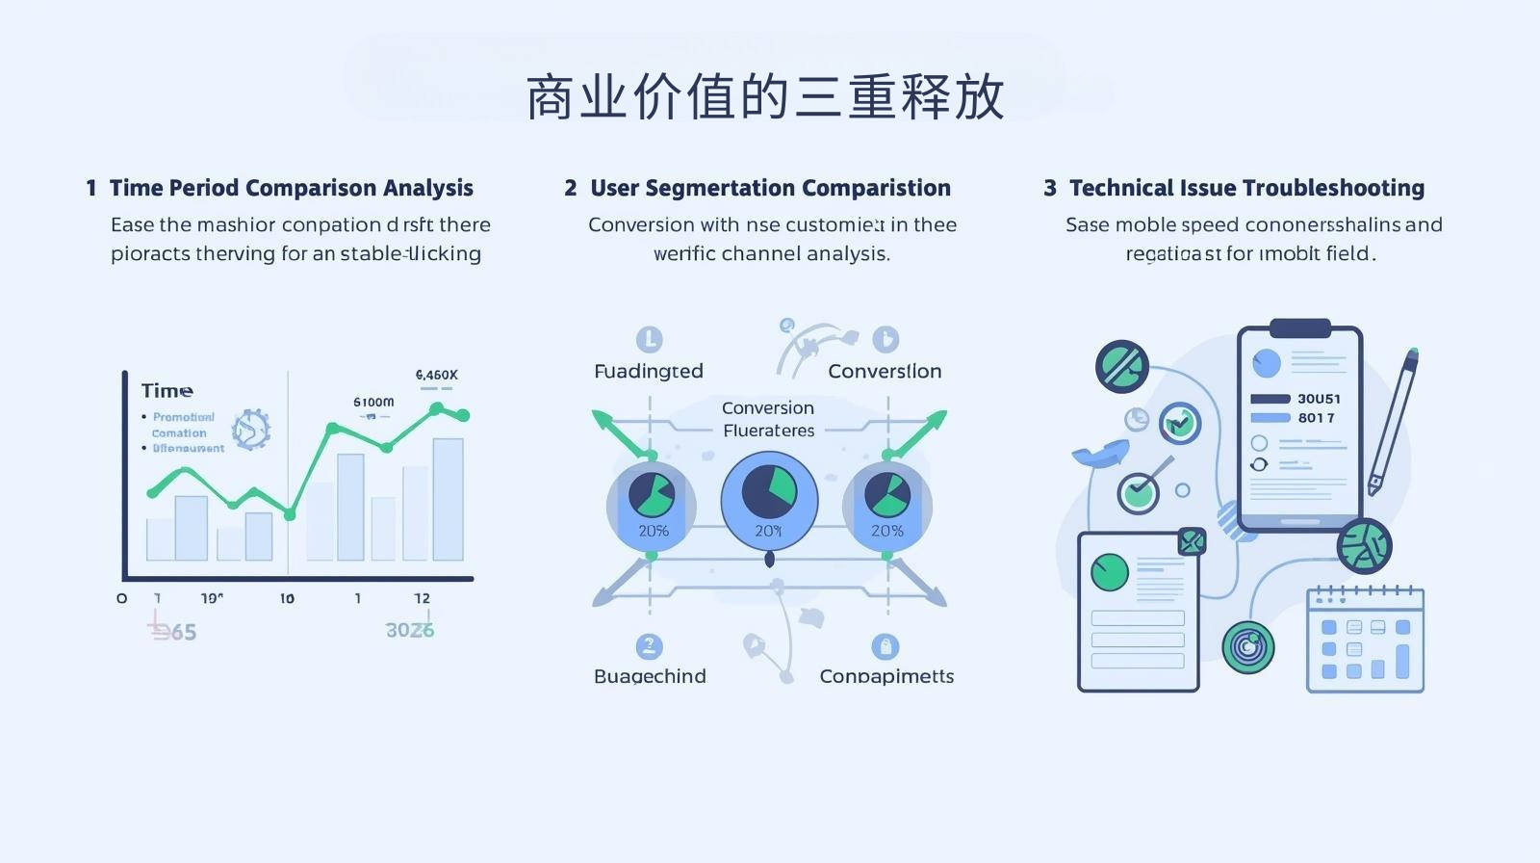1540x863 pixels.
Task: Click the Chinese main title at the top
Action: point(765,96)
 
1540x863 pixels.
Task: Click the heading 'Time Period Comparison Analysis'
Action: point(291,188)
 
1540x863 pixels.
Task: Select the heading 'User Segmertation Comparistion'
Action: point(770,188)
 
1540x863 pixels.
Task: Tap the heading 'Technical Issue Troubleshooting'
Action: point(1246,188)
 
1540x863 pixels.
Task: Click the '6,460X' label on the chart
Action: point(436,375)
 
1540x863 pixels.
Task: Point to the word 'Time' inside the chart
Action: point(167,390)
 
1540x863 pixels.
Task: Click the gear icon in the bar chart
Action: point(250,429)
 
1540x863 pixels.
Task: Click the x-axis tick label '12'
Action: point(422,598)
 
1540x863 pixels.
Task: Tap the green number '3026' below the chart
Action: point(410,630)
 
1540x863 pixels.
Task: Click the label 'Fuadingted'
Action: point(648,371)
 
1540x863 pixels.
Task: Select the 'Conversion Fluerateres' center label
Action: point(768,419)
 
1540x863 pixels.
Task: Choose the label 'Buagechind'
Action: point(650,676)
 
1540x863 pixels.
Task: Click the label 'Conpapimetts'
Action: point(886,676)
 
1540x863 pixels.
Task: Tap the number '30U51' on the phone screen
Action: point(1318,399)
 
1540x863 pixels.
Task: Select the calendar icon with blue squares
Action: point(1364,640)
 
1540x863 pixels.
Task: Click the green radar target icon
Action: point(1247,646)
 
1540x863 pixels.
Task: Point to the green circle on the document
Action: point(1109,572)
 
